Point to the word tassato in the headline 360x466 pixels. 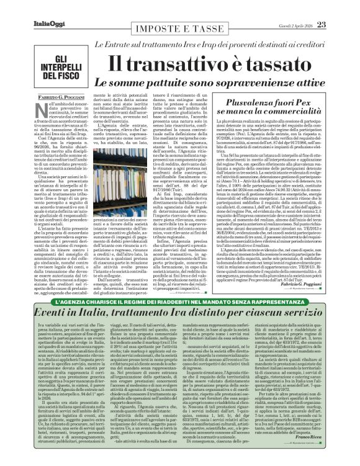pyautogui.click(x=274, y=62)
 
